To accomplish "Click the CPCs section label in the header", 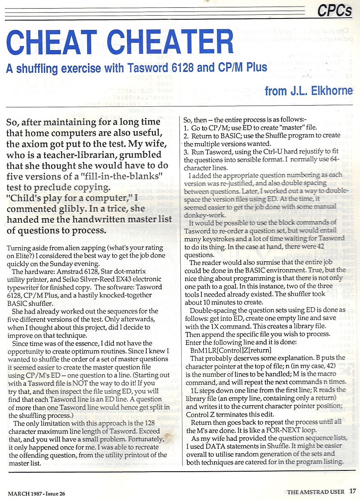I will pyautogui.click(x=335, y=10).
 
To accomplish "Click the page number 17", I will pyautogui.click(x=353, y=491).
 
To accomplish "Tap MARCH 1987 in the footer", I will pyautogui.click(x=25, y=493).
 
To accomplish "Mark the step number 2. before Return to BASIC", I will pyautogui.click(x=186, y=135).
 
